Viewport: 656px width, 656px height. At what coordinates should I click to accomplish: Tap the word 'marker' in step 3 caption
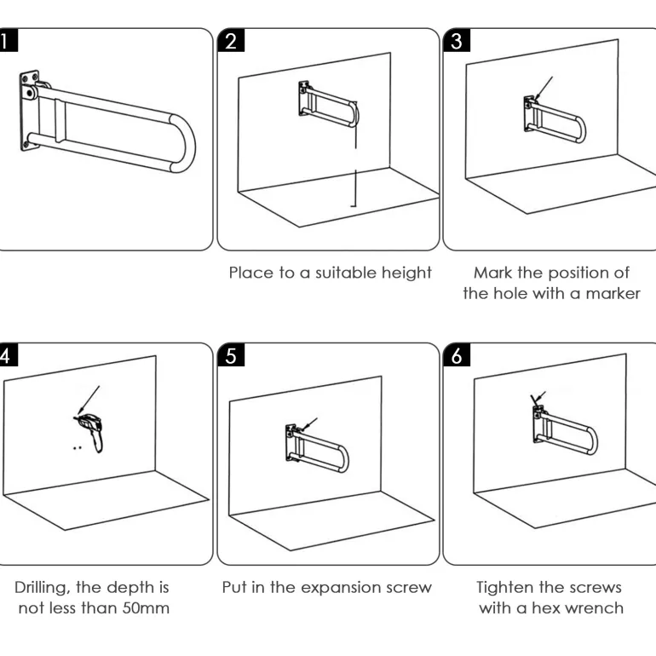click(x=612, y=294)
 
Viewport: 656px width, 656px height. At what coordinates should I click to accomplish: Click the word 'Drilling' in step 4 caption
click(x=47, y=588)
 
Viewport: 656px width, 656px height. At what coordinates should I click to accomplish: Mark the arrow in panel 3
click(x=543, y=88)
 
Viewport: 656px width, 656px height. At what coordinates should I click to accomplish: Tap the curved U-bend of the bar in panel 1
click(x=182, y=141)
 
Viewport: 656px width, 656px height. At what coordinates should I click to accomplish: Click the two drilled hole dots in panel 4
click(x=78, y=446)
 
